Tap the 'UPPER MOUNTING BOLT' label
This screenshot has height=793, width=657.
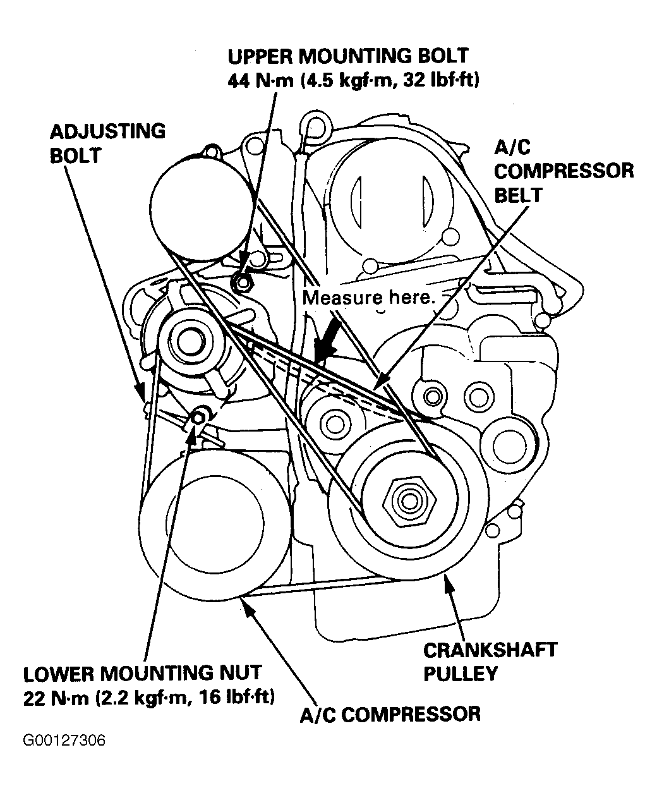click(348, 56)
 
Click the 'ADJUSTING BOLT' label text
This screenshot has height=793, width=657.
click(107, 143)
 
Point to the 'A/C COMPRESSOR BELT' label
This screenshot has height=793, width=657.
click(564, 171)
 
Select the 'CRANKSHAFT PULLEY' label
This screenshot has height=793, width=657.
click(490, 660)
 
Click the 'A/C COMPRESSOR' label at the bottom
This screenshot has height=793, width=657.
click(390, 714)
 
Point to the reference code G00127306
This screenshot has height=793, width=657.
click(64, 740)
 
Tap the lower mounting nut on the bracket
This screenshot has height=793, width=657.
click(199, 416)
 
